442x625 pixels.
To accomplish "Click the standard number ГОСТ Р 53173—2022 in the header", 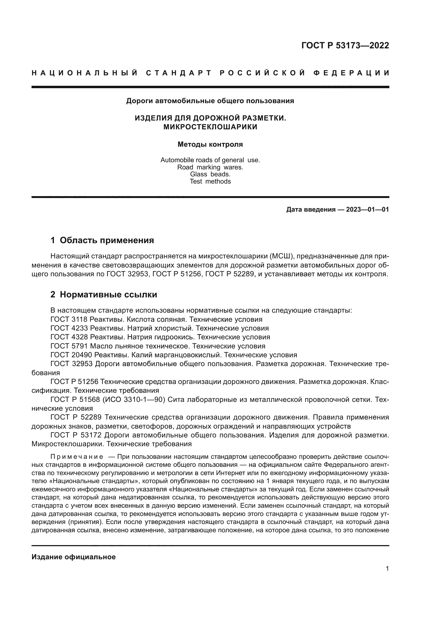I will coord(345,45).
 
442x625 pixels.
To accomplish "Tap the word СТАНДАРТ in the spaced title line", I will coord(179,73).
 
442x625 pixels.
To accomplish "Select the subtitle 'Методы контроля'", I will coord(210,144).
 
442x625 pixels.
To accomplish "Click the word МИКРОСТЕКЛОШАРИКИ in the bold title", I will coord(210,127).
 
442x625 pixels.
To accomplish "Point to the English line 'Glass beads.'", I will coord(210,174).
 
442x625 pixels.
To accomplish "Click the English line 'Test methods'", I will coord(210,181).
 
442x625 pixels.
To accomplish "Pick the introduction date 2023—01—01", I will coord(367,209).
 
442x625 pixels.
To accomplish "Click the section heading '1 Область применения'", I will coord(102,240).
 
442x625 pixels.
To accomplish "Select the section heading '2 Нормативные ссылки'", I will coord(104,294).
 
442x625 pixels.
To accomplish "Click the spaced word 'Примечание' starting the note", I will coord(77,456).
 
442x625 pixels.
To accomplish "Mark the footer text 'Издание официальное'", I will coord(73,557).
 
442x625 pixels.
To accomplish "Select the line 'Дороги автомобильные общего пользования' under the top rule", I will coord(210,101).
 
